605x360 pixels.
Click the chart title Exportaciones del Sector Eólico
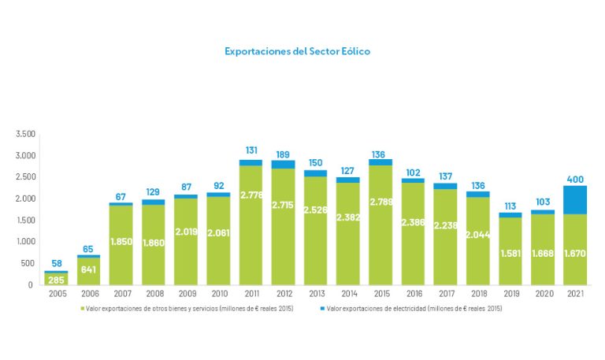(297, 51)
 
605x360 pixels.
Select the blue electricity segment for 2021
(575, 199)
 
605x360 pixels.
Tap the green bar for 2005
(56, 278)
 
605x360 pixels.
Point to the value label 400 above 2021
(575, 180)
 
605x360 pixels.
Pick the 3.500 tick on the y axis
(25, 134)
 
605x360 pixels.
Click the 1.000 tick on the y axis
(25, 242)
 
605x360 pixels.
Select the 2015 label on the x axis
(380, 295)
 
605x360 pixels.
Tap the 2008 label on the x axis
(154, 295)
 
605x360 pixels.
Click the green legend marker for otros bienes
(83, 309)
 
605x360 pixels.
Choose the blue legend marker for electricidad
(324, 309)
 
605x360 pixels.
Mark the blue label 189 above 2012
(283, 154)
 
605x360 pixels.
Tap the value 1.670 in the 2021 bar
(575, 253)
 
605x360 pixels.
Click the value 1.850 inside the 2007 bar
(121, 241)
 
